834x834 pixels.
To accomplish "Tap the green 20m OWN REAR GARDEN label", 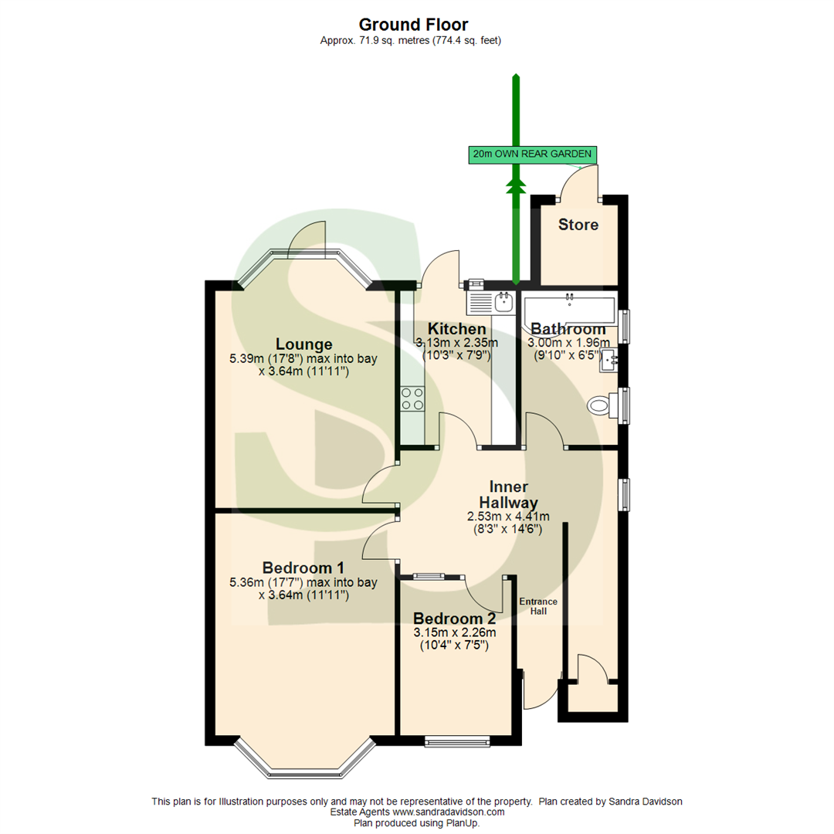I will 534,154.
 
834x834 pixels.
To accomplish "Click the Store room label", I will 578,225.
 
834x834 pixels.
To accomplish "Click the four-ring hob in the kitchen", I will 412,398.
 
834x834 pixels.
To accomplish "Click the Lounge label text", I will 303,344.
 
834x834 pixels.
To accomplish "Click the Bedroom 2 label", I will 454,619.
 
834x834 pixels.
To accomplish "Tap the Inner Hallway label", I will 508,495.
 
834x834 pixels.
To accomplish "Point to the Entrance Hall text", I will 537,606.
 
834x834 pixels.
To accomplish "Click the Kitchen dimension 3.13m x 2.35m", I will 456,343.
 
